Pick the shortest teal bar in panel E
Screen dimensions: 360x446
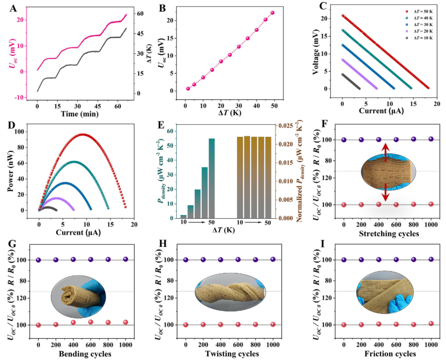183,216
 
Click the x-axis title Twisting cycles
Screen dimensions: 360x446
229,354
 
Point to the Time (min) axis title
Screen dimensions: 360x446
80,113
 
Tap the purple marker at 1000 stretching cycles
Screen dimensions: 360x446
431,139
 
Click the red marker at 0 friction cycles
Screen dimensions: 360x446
344,324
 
